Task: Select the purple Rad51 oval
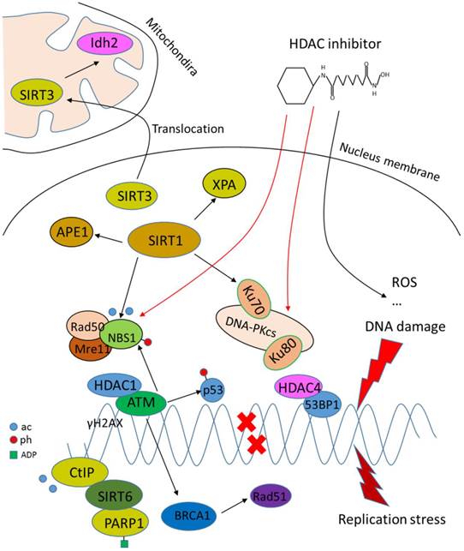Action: pyautogui.click(x=270, y=493)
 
